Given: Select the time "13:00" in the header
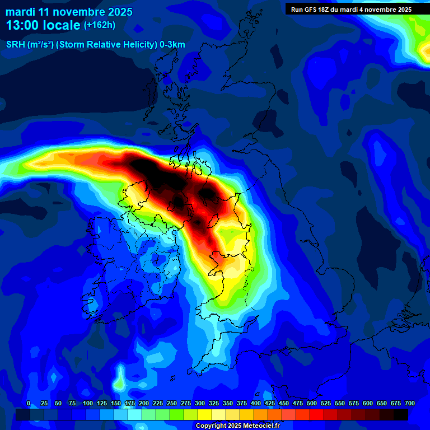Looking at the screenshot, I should pyautogui.click(x=22, y=26).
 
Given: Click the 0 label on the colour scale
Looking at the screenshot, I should pyautogui.click(x=29, y=403).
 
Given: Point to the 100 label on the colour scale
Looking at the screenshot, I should pyautogui.click(x=88, y=403).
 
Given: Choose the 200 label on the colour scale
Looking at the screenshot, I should pyautogui.click(x=144, y=403).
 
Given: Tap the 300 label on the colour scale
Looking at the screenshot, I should pyautogui.click(x=200, y=403).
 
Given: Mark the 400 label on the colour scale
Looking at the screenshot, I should pyautogui.click(x=256, y=403).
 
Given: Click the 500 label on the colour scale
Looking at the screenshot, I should pyautogui.click(x=312, y=403).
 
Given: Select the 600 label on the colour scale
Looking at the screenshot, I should pyautogui.click(x=368, y=403).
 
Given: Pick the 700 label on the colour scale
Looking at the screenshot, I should pyautogui.click(x=410, y=403).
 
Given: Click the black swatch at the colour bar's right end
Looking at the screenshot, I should pyautogui.click(x=401, y=414).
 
